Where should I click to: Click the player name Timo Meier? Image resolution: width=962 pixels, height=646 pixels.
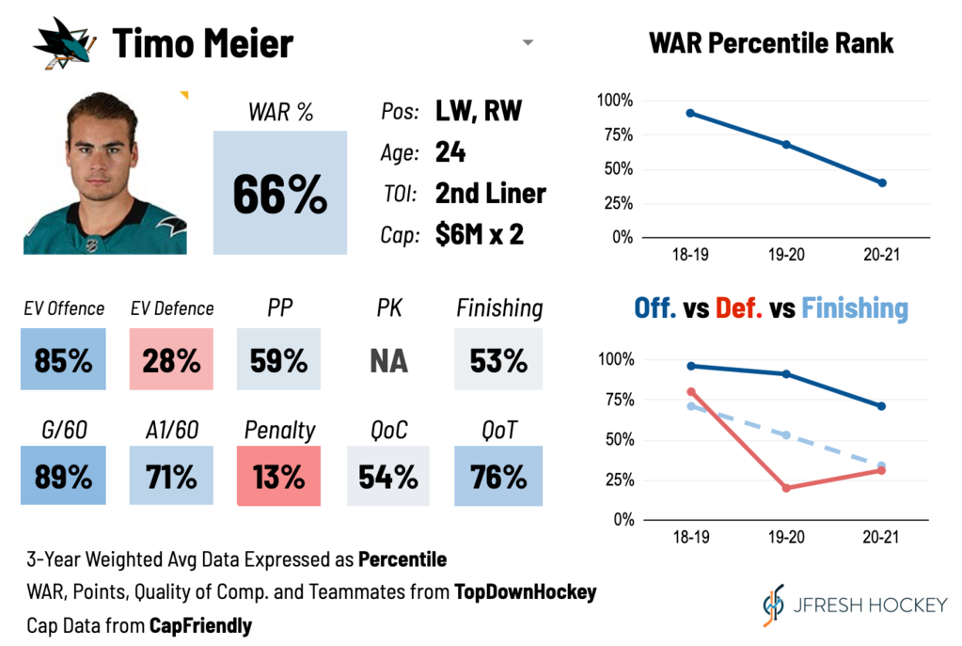click(x=203, y=43)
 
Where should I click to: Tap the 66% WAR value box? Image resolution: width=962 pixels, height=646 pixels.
click(x=279, y=193)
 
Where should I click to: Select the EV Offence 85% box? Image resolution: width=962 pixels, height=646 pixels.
click(x=64, y=359)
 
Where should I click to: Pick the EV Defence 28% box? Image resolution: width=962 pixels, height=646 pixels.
click(x=171, y=359)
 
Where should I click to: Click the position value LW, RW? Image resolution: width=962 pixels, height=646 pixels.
click(x=478, y=112)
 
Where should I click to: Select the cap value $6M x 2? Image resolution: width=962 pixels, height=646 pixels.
click(x=479, y=235)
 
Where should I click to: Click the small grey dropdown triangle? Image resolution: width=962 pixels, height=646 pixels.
click(x=528, y=43)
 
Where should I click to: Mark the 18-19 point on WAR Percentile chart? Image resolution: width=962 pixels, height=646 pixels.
click(x=690, y=113)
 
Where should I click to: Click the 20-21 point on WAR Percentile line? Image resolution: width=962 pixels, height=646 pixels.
click(x=882, y=182)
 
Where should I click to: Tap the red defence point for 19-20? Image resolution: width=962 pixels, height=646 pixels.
click(x=786, y=488)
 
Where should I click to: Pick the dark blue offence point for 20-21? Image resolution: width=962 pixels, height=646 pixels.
click(x=882, y=406)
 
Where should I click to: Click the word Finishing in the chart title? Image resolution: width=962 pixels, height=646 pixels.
click(x=856, y=307)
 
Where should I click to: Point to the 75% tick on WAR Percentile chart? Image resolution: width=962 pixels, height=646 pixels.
click(x=616, y=134)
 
